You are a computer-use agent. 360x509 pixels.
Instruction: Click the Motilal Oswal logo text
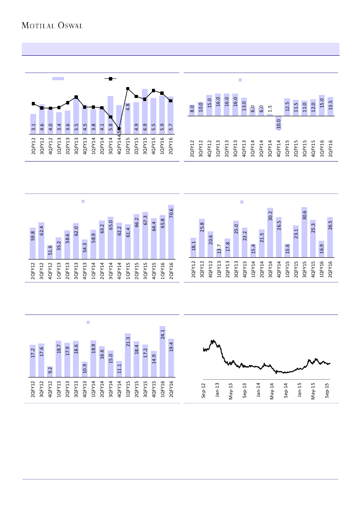(52, 25)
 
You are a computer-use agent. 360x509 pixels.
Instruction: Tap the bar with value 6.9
(145, 111)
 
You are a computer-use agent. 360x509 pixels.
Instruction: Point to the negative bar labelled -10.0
(279, 123)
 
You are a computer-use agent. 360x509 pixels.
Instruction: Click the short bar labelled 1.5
(270, 115)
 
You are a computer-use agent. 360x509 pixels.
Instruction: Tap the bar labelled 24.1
(162, 351)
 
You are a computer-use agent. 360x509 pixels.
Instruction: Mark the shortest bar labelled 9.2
(50, 371)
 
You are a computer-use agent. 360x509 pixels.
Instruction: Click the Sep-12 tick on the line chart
(204, 391)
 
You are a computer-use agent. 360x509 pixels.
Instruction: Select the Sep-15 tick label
(327, 391)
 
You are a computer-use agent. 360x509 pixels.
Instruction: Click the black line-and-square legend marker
(111, 79)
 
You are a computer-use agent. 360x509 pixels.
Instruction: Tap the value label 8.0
(192, 109)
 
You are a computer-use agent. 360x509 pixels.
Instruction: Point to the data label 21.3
(128, 341)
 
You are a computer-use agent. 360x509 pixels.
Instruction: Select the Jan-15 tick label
(299, 391)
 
